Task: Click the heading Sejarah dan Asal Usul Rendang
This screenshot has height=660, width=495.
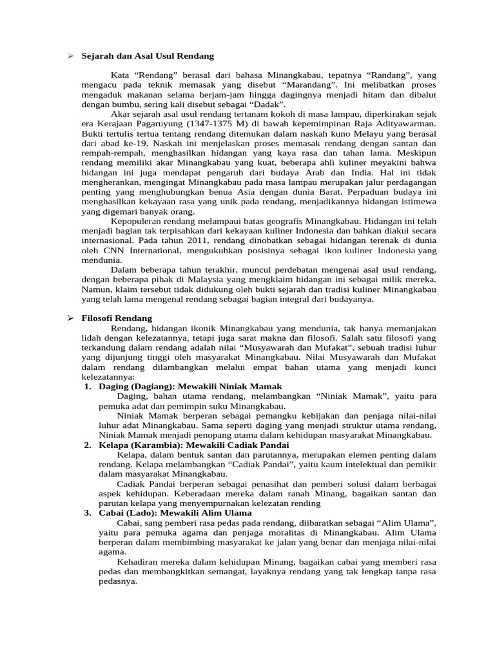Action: (x=148, y=57)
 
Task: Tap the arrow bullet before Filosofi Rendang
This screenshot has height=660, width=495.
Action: (x=72, y=318)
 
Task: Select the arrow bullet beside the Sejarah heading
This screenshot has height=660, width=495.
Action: (x=72, y=57)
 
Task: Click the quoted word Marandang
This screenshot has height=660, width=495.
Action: (x=320, y=84)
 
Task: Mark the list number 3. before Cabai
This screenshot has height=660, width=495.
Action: (x=88, y=512)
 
